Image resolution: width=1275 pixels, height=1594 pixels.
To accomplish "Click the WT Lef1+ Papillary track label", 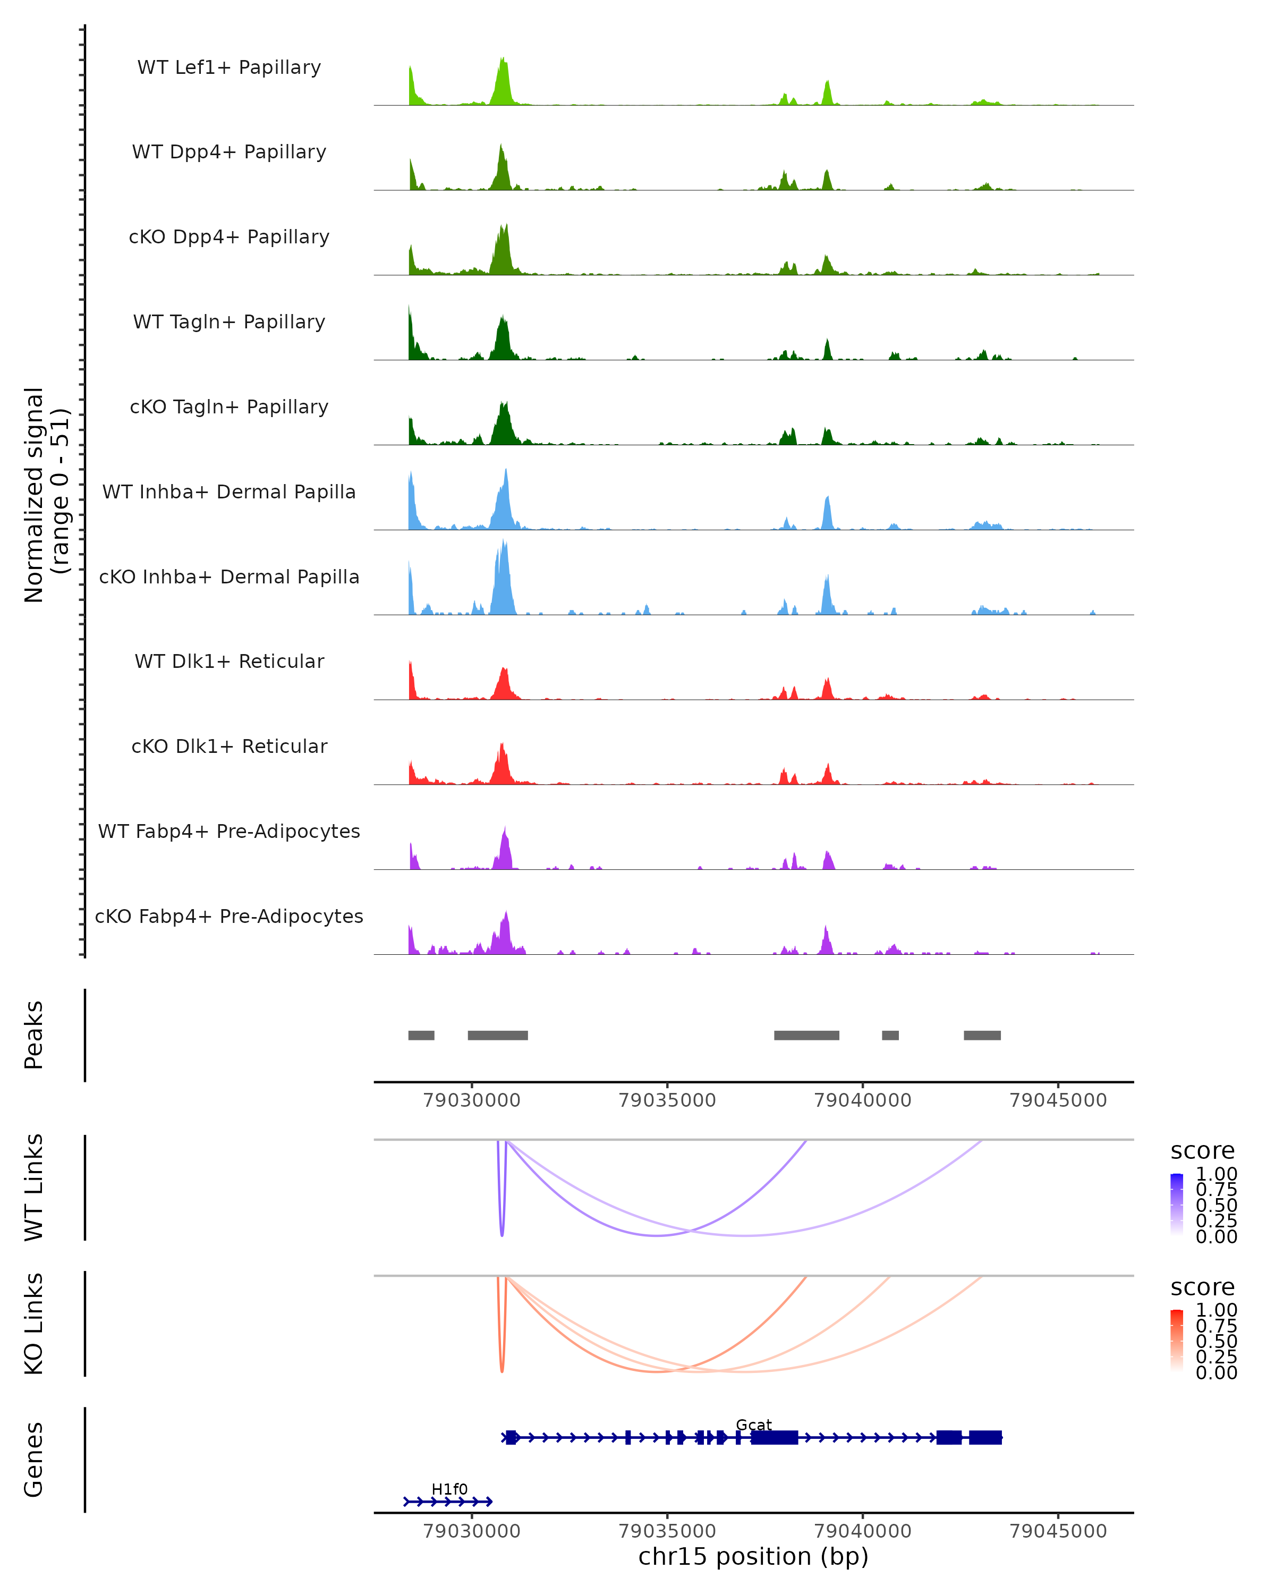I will (x=229, y=67).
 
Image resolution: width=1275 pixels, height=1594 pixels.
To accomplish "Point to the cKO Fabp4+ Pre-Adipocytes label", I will (x=229, y=916).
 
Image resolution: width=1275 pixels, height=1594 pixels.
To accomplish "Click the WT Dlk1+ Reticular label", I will (x=229, y=661).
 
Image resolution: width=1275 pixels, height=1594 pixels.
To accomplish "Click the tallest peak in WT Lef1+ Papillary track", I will (x=503, y=59).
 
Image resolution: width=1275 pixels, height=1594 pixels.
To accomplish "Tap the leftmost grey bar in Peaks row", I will (x=421, y=1035).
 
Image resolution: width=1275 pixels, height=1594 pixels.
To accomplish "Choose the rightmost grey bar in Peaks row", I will (x=982, y=1035).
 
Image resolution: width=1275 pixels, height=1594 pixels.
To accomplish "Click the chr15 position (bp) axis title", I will (x=753, y=1556).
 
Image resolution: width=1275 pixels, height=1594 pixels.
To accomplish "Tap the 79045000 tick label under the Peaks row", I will (x=1058, y=1100).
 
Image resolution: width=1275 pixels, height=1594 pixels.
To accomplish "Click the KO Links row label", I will (x=34, y=1324).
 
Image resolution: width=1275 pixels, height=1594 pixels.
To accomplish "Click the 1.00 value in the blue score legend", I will (x=1216, y=1174).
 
